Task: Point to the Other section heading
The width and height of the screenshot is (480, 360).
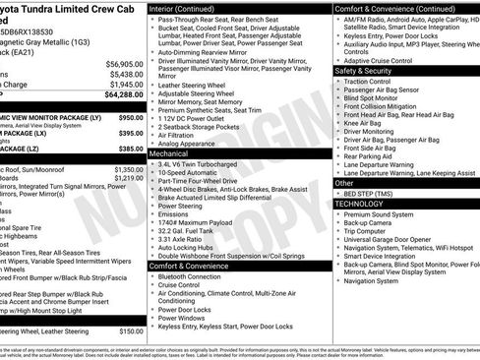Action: [x=344, y=183]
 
